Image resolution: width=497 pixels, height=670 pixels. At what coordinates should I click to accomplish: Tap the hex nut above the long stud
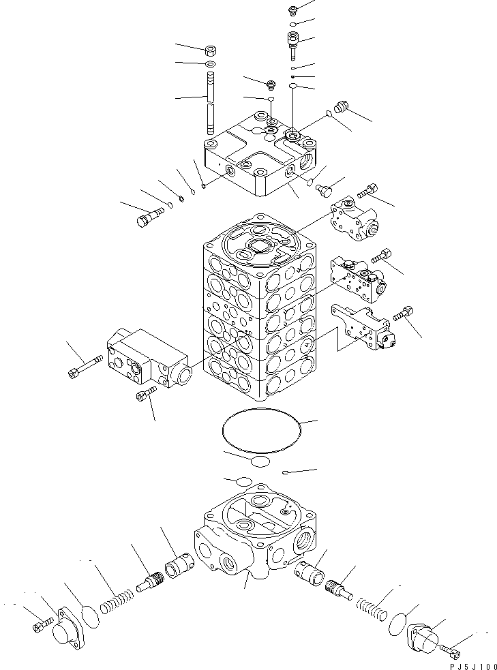point(211,50)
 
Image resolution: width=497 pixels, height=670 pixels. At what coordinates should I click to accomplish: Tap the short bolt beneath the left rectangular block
point(147,393)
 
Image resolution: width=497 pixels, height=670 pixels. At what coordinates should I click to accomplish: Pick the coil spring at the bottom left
point(117,600)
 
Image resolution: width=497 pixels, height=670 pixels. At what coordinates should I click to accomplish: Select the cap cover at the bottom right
point(423,641)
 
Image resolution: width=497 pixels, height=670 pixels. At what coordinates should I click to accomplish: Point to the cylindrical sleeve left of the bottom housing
point(181,565)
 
